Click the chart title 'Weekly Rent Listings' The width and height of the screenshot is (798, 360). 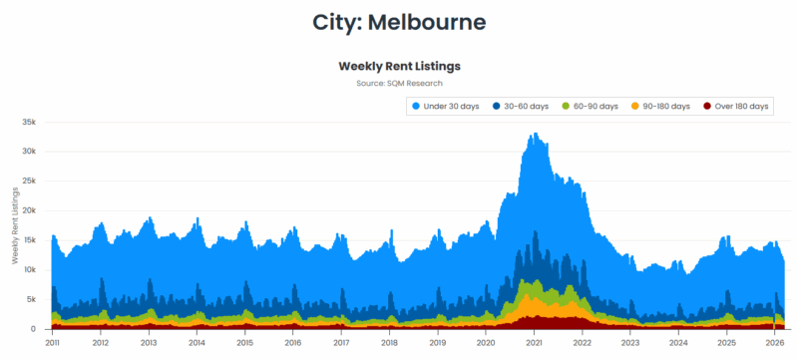click(399, 66)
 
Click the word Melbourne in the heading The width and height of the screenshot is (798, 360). click(430, 21)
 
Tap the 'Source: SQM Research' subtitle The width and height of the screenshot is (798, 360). click(399, 83)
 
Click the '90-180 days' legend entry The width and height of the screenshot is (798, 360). click(666, 106)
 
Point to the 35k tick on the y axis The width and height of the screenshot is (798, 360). click(29, 122)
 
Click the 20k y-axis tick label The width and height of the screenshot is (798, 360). click(29, 210)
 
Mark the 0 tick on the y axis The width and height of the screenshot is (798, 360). click(34, 329)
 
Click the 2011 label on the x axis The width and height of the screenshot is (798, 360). click(52, 342)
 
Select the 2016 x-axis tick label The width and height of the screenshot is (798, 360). click(292, 342)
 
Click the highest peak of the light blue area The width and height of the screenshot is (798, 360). click(536, 134)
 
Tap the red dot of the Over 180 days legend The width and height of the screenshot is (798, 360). click(707, 106)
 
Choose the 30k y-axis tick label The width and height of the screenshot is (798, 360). click(29, 152)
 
